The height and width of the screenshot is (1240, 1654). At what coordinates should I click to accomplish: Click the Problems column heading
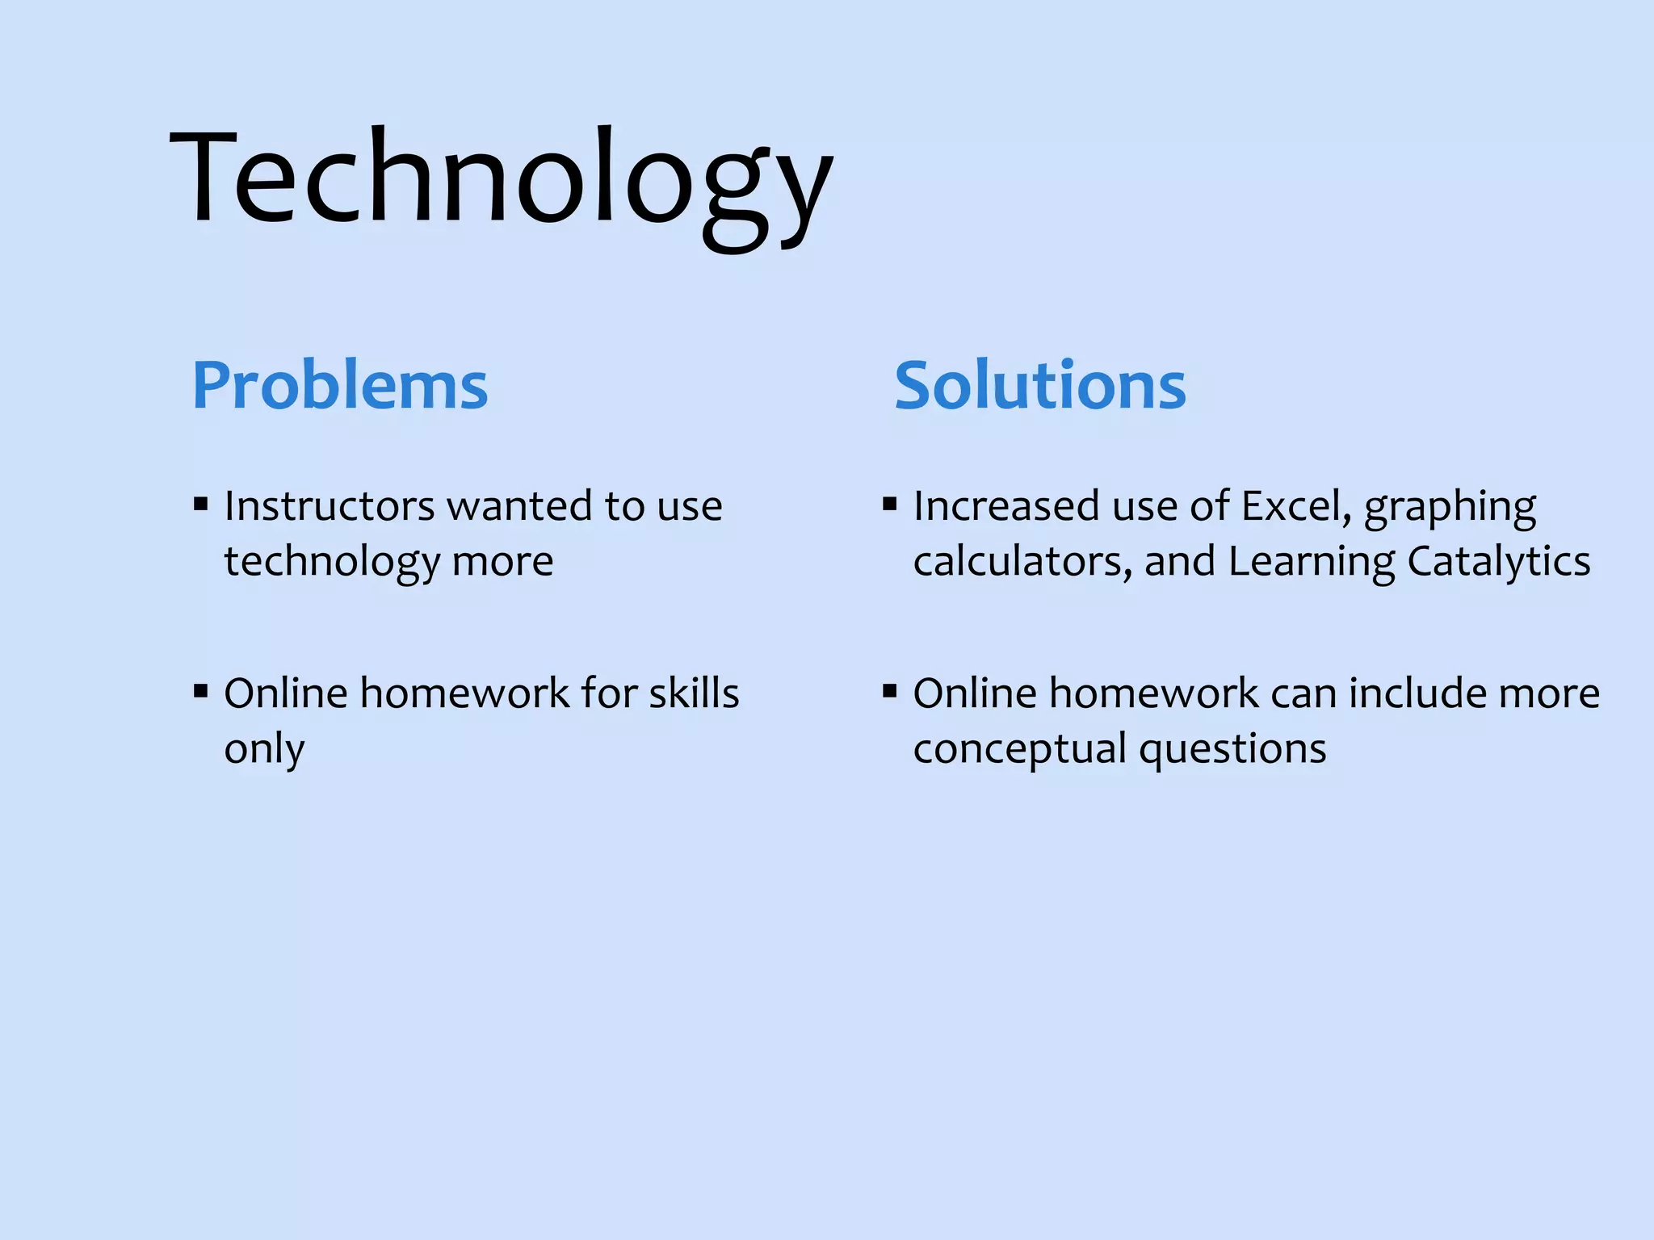pos(340,386)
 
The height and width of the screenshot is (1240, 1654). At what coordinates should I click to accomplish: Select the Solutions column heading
pos(1040,386)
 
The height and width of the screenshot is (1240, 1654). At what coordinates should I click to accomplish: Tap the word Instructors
pos(330,507)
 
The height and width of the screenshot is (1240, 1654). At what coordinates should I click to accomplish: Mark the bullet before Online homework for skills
pos(201,693)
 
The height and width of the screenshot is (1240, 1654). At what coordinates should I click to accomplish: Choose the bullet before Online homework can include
pos(890,693)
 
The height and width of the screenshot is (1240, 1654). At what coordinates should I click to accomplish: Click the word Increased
pos(1006,507)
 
